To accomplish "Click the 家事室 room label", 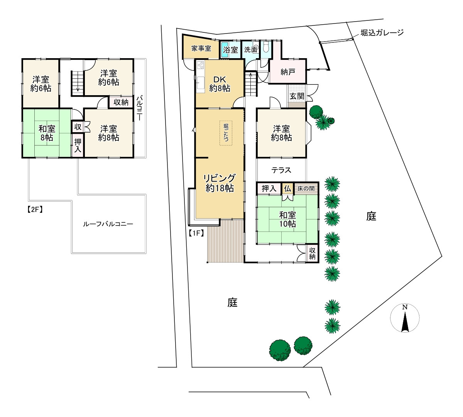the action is [201, 49].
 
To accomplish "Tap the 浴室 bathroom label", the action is [230, 50].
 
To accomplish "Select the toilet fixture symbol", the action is [266, 47].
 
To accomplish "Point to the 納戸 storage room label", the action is [287, 72].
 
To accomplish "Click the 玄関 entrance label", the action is [297, 96].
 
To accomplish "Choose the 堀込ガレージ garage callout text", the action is [382, 33].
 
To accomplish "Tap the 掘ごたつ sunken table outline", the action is [226, 133].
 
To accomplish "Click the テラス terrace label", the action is [281, 170].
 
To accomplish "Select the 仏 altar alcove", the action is [287, 189].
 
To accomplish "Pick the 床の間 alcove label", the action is [306, 189].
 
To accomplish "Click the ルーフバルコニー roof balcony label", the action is [108, 224].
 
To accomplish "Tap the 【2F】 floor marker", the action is [35, 210].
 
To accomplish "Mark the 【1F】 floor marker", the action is [196, 233].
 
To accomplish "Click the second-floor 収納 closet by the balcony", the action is [121, 102].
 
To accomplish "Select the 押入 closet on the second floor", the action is [78, 146].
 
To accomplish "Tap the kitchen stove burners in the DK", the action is [200, 65].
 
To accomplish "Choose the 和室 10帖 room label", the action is [287, 219].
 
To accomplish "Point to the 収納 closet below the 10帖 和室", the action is [312, 253].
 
